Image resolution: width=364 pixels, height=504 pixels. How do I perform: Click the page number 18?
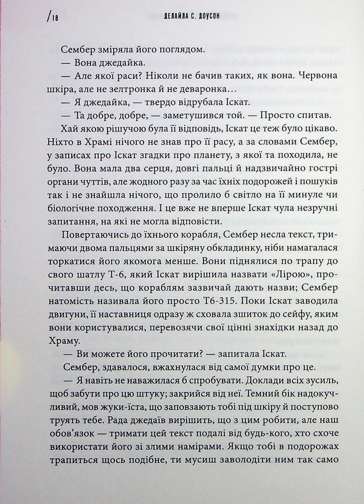coord(55,18)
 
